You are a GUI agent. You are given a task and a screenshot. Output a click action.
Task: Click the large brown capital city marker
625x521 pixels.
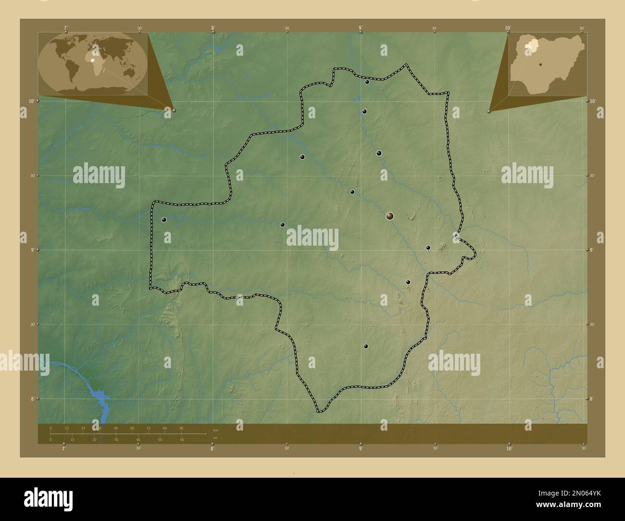tap(389, 216)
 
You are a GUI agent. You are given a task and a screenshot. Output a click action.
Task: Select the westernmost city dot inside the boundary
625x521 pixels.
tap(164, 220)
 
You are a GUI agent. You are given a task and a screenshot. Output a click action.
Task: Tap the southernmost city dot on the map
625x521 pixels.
tap(366, 346)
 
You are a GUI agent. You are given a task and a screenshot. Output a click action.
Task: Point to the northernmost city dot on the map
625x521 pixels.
tap(367, 82)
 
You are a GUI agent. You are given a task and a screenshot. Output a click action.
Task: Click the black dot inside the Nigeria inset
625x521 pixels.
tap(540, 63)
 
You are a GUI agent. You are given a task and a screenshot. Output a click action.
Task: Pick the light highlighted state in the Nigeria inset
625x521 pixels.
tap(532, 45)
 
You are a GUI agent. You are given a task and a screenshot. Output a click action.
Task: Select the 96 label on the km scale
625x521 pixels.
tap(181, 428)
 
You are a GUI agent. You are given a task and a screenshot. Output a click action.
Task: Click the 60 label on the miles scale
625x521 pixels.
tap(182, 440)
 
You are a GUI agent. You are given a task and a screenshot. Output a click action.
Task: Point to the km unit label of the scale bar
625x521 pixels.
tap(215, 430)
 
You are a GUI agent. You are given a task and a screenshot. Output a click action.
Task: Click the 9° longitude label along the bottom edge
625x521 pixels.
tap(361, 448)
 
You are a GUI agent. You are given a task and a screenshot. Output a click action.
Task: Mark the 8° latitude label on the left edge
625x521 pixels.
tap(32, 398)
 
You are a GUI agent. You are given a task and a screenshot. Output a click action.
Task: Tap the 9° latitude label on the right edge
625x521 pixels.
tap(592, 250)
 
